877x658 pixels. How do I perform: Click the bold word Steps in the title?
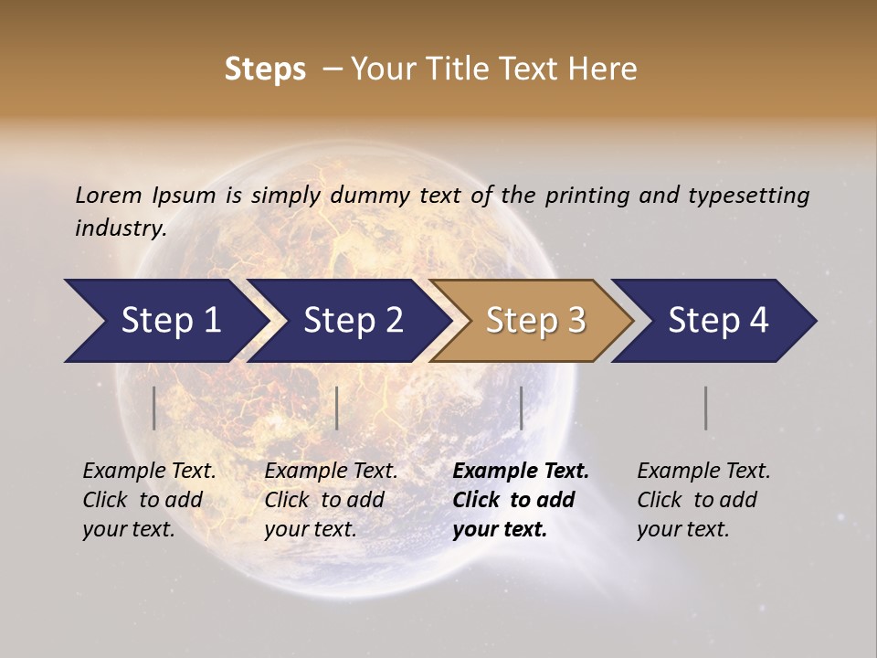[x=265, y=69]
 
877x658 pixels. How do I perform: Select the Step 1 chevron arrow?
[x=164, y=321]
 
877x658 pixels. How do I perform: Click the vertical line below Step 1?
[x=154, y=408]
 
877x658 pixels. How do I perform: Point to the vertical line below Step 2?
[x=337, y=408]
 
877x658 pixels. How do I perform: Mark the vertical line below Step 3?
[x=522, y=408]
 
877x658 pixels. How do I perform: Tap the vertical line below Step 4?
[x=706, y=408]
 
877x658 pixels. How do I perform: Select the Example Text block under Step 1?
[x=149, y=500]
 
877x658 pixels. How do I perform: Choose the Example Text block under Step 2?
[x=331, y=500]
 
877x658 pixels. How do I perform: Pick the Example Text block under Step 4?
[x=703, y=500]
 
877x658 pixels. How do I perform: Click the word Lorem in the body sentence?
[x=109, y=195]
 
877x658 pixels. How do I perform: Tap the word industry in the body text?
[x=120, y=228]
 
